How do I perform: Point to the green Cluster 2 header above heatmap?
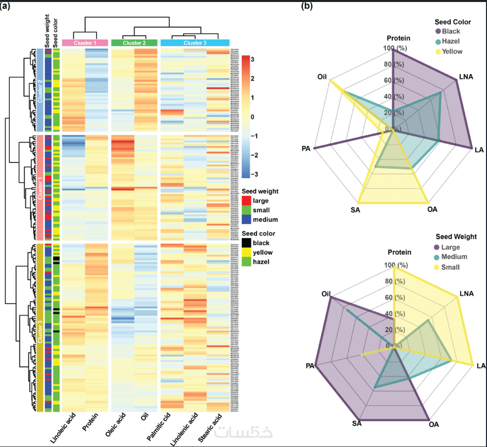point(134,43)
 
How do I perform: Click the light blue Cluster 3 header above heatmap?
point(195,43)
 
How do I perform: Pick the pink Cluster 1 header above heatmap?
point(85,43)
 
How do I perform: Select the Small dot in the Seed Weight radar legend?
point(437,267)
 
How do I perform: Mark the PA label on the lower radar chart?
point(310,366)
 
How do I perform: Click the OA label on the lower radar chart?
point(433,424)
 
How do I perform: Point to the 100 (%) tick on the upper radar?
point(397,48)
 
